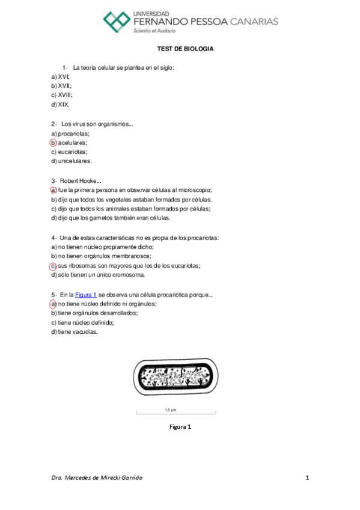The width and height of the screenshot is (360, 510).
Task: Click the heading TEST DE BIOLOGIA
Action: coord(186,49)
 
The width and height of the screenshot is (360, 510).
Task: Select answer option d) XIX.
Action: coord(60,105)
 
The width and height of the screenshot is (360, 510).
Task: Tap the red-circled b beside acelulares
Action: coord(53,143)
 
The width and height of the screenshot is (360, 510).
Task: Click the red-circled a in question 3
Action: coord(53,189)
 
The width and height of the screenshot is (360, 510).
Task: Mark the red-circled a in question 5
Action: coord(53,304)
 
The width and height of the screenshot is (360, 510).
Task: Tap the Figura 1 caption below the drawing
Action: coord(180,427)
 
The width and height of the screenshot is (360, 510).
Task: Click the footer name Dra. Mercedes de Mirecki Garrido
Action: coord(97,478)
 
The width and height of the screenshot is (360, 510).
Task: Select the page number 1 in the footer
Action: coord(307,478)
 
